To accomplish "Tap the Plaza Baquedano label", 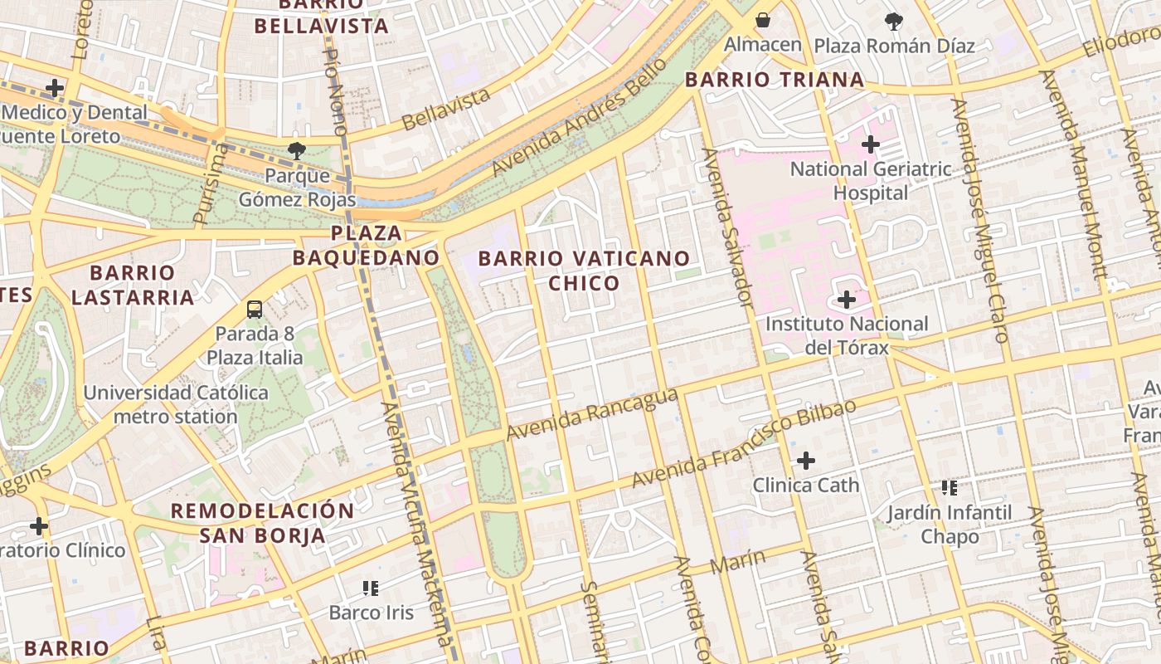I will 366,245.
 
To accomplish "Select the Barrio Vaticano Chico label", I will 584,271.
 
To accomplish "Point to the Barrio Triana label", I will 775,80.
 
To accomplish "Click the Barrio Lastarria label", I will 133,285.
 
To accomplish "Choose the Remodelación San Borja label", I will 262,522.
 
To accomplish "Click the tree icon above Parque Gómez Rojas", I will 296,150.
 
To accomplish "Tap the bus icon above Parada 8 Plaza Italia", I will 255,310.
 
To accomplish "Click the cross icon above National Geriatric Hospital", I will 870,144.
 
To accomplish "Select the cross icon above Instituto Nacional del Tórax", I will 847,299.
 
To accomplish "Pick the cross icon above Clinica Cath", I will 805,461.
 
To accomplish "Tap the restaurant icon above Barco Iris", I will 370,588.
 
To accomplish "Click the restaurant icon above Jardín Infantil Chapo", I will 950,488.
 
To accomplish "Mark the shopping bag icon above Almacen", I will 762,19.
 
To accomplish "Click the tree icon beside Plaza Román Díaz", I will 894,21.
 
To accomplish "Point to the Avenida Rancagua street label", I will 591,416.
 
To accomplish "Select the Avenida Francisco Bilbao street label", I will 743,445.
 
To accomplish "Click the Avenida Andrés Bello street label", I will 579,117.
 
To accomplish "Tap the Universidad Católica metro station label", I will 176,403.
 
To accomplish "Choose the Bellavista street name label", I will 446,110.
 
